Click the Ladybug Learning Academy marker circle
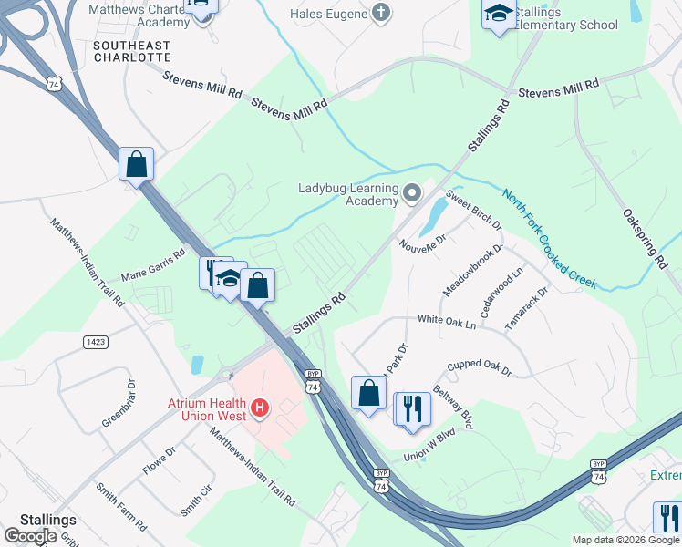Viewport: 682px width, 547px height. [x=412, y=192]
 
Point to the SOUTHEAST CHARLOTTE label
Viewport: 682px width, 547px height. [x=132, y=51]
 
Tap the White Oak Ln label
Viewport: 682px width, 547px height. [x=447, y=322]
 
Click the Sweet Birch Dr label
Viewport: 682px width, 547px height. [x=474, y=211]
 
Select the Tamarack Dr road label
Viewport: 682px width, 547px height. [x=530, y=308]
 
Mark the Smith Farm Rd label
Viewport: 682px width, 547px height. [x=121, y=507]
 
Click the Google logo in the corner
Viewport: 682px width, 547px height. [x=30, y=536]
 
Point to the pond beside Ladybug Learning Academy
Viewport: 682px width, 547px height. [x=434, y=215]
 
